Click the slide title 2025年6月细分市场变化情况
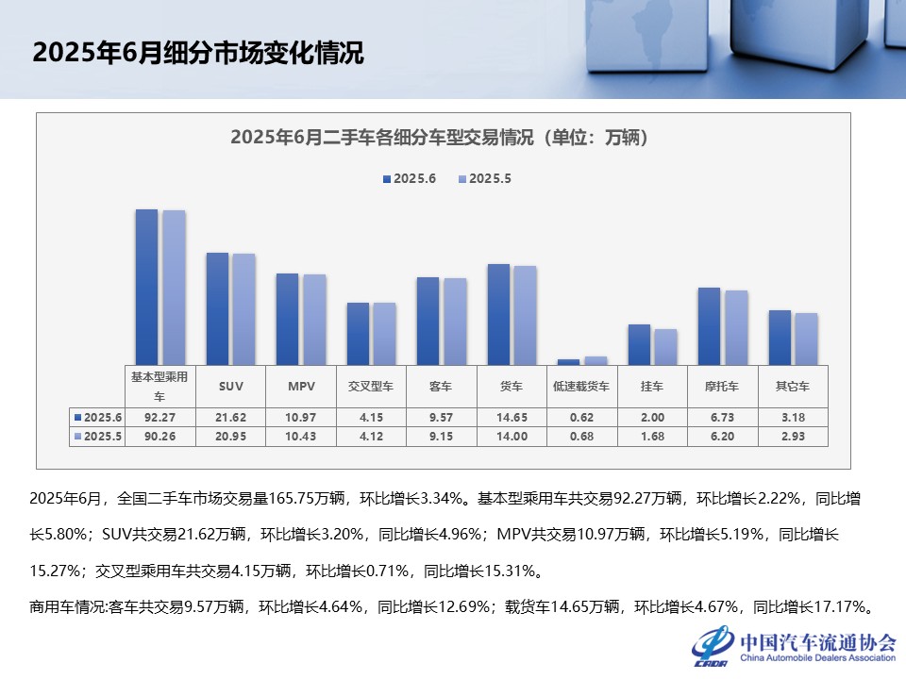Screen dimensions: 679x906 pos(197,53)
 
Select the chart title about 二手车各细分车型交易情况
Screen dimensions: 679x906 pos(444,138)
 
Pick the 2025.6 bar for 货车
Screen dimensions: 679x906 pos(498,314)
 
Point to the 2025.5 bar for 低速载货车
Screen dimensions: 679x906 pos(596,360)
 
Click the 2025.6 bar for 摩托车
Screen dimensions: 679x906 pos(709,325)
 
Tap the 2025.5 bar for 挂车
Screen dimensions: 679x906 pos(665,346)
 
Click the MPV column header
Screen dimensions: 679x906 pos(302,387)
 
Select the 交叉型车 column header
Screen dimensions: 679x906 pos(372,387)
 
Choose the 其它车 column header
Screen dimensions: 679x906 pos(793,387)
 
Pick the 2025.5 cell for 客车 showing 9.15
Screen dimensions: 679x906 pos(442,437)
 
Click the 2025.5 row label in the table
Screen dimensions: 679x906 pos(100,437)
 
